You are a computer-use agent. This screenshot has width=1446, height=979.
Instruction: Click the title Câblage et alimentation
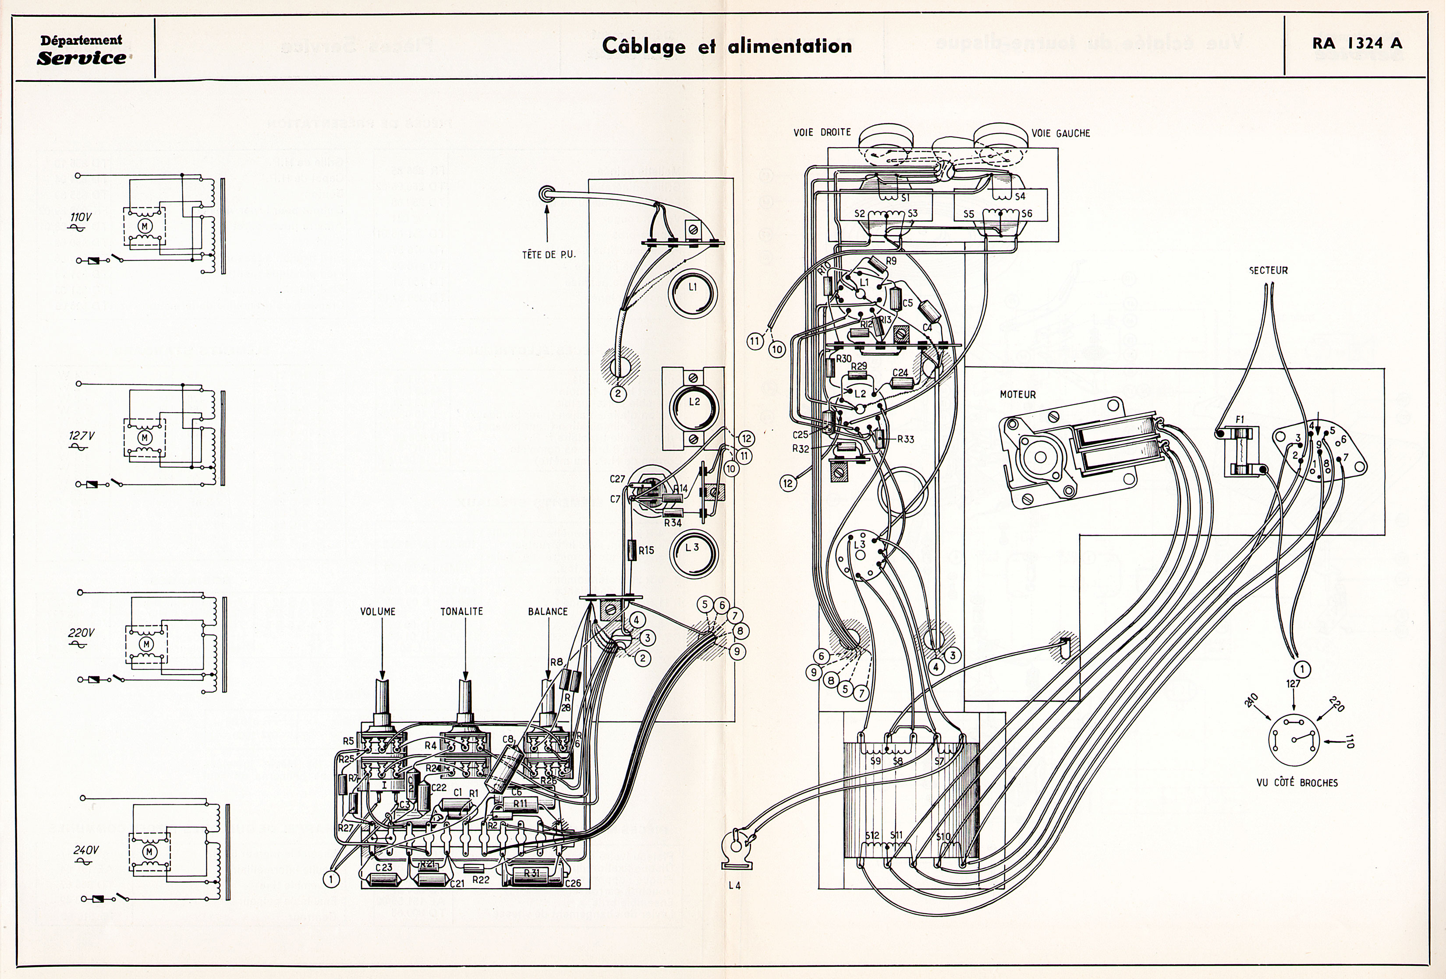click(727, 46)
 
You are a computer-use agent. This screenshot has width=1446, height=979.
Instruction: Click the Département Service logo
click(82, 50)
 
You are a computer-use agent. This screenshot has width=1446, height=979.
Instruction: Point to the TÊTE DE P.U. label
click(549, 254)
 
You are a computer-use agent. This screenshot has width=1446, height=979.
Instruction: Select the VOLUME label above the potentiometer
click(378, 611)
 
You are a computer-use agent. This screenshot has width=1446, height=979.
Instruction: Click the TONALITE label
click(462, 611)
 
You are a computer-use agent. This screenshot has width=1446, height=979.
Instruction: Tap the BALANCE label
click(548, 611)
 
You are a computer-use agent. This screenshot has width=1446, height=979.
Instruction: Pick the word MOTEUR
click(1018, 394)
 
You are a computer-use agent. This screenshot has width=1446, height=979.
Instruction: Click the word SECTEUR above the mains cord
click(1268, 271)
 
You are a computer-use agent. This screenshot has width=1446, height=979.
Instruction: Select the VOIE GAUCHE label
click(1061, 133)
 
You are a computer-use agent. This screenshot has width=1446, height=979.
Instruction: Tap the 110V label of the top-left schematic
click(80, 218)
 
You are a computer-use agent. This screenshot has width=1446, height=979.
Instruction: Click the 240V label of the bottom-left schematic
click(86, 850)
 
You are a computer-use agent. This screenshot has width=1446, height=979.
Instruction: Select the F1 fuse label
click(1240, 420)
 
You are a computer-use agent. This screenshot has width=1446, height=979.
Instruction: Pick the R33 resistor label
click(906, 439)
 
